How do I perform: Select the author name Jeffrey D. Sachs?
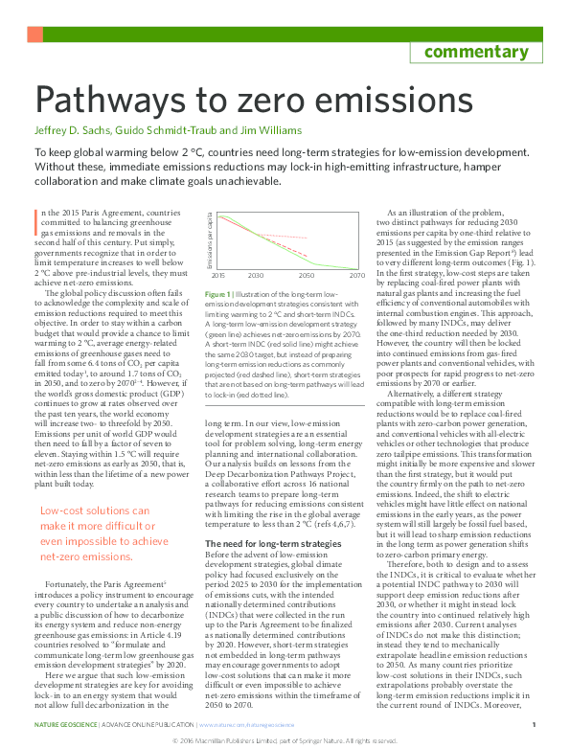tap(70, 129)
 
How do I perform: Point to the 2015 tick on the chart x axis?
tap(218, 275)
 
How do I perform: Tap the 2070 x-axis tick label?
tap(356, 275)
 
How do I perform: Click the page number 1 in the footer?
tap(533, 725)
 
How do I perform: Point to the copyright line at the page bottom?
tap(284, 741)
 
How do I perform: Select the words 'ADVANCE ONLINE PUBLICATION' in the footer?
tap(140, 725)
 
